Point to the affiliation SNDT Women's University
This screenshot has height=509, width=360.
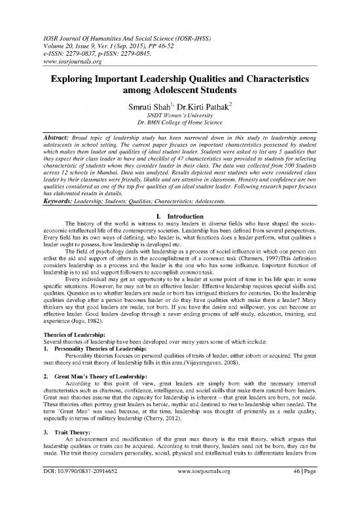[179, 116]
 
